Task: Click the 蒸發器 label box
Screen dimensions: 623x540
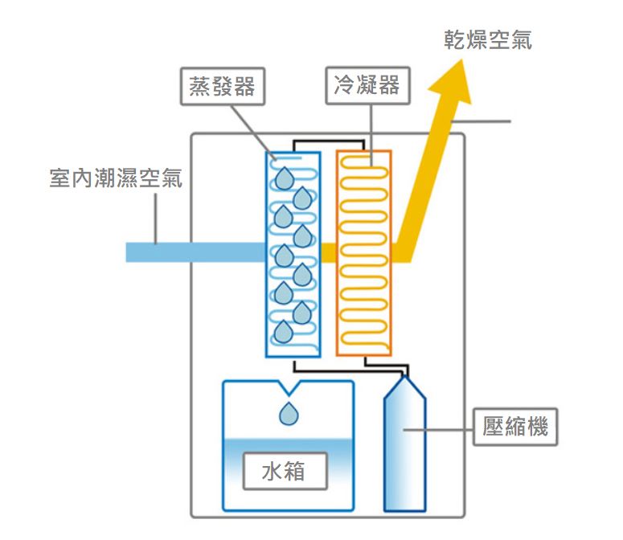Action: [x=223, y=86]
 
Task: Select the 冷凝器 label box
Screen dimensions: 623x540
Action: [x=367, y=85]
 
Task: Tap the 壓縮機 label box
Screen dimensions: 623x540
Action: [x=515, y=427]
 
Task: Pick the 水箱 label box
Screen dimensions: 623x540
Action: [x=285, y=471]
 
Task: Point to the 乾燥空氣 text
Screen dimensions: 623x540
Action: [x=488, y=40]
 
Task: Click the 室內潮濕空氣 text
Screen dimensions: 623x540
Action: [x=116, y=178]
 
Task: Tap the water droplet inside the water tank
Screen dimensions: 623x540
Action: [x=289, y=414]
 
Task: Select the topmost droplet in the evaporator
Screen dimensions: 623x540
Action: [x=285, y=178]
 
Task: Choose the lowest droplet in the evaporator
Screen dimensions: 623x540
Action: [x=284, y=332]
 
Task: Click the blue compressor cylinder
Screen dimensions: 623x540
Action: [x=404, y=444]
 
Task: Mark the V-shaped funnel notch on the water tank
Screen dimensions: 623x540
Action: [x=289, y=388]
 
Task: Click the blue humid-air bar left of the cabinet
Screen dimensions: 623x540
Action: [x=195, y=252]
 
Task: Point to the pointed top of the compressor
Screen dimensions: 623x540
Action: [x=405, y=377]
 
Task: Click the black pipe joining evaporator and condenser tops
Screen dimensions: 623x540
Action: [x=329, y=141]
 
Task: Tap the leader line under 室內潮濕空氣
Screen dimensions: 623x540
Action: [x=155, y=218]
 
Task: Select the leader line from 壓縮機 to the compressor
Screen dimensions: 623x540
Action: [x=438, y=430]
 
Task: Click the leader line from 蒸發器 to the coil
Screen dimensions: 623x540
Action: [x=253, y=133]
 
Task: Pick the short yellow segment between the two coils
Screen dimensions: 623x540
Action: [x=329, y=252]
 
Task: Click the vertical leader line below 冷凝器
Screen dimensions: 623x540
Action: [x=371, y=135]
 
